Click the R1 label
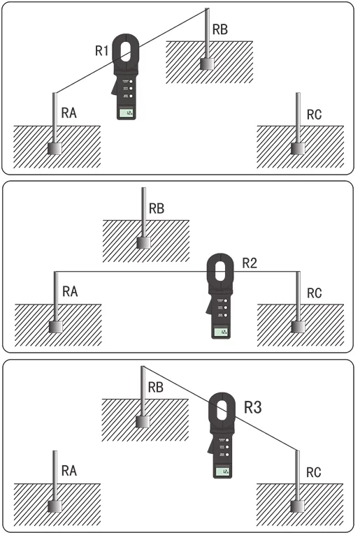coord(102,51)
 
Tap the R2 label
coord(250,263)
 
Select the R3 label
coord(252,407)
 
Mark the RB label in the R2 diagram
coord(157,208)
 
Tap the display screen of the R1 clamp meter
coord(127,113)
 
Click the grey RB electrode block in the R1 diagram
coord(207,64)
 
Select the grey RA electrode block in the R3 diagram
coord(55,505)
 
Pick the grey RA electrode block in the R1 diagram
coord(55,148)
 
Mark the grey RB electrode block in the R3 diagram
coord(143,421)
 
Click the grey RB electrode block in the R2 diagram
coord(144,242)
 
